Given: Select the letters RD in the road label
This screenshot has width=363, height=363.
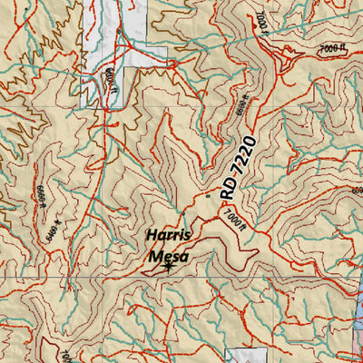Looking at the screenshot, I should [229, 185].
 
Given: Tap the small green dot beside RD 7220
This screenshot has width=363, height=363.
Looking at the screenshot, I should [208, 193].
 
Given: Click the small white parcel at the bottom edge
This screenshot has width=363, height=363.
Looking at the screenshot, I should [240, 356].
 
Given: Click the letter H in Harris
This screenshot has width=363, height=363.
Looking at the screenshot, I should [151, 238].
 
